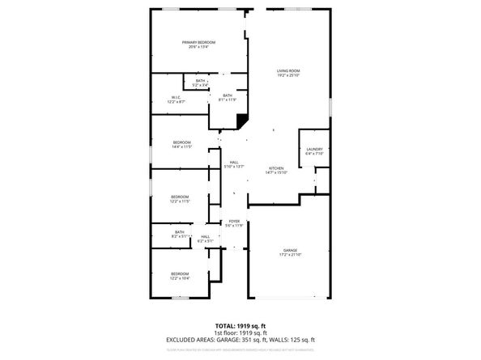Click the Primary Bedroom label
(198, 42)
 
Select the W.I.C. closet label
(176, 98)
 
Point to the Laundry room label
(315, 149)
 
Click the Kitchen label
(277, 167)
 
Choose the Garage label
(290, 250)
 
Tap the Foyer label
(234, 221)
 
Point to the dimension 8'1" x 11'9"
(228, 100)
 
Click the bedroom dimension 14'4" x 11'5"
(181, 147)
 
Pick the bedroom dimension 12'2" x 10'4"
(180, 278)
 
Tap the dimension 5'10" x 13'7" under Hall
(233, 167)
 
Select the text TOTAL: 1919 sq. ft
(240, 324)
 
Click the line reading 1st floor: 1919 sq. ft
(240, 332)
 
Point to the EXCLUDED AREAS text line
(240, 340)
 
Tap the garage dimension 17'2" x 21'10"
(290, 255)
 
